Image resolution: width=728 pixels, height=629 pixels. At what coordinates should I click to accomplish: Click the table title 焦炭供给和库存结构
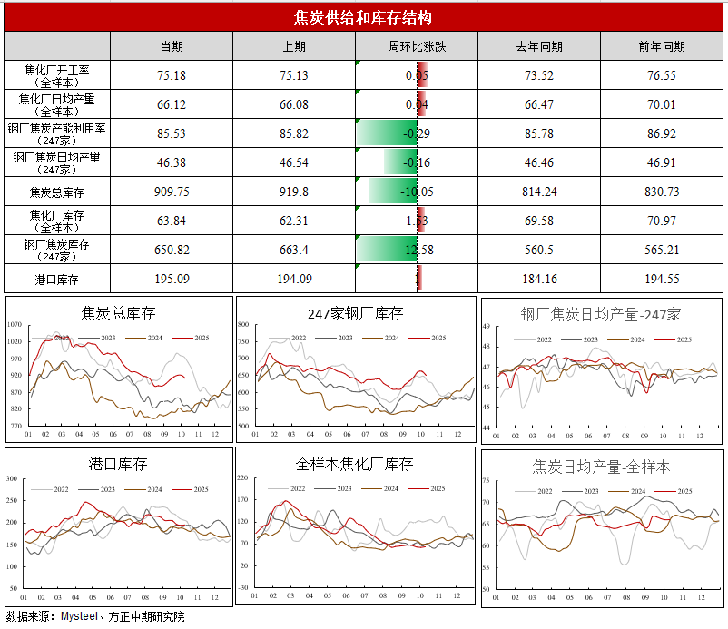tap(363, 17)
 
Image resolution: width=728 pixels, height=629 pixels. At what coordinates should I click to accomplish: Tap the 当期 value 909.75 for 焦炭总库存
tap(172, 192)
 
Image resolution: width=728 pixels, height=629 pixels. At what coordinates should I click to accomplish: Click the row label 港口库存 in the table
tap(57, 279)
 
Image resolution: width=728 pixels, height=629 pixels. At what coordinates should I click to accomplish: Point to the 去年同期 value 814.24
tap(539, 192)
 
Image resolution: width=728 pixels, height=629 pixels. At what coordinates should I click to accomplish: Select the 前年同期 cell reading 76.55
tap(662, 75)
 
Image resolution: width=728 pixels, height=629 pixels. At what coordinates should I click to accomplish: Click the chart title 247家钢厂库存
tap(355, 314)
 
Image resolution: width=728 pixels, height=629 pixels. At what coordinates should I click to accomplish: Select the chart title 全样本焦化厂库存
tap(355, 464)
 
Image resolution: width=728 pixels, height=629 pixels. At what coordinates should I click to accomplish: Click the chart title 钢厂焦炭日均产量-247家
tap(601, 314)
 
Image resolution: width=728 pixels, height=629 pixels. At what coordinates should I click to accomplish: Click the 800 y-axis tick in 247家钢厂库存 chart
tap(242, 324)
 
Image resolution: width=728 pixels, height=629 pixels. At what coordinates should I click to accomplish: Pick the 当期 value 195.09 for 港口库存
tap(172, 279)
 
